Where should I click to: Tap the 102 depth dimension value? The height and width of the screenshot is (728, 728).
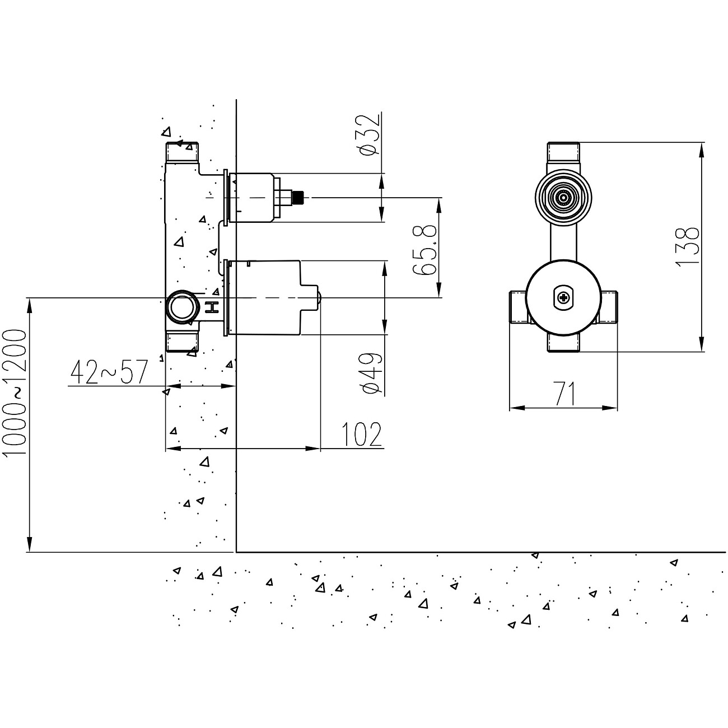361,435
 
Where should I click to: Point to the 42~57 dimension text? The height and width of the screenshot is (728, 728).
109,372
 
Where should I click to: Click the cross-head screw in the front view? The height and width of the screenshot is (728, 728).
563,298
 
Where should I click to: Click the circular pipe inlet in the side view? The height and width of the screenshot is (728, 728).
181,307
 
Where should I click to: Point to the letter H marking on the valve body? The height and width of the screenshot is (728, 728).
212,307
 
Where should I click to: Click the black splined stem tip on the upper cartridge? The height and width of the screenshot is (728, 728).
299,198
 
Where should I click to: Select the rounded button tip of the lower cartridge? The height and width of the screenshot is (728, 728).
318,298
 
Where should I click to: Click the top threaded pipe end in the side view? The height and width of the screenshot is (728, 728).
182,152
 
